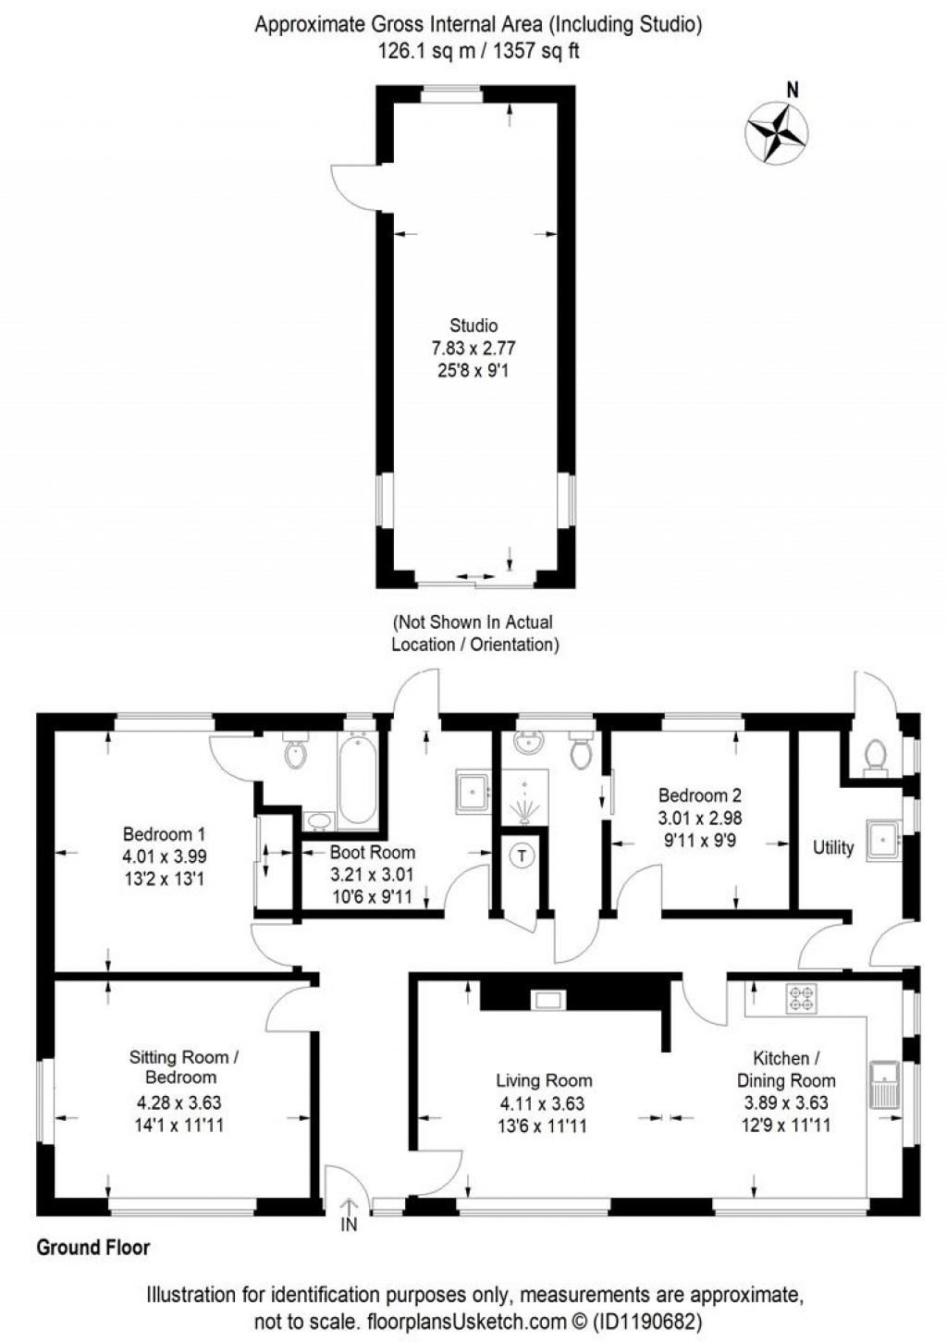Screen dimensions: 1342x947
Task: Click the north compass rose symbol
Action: pyautogui.click(x=778, y=135)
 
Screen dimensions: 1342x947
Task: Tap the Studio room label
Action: pyautogui.click(x=473, y=326)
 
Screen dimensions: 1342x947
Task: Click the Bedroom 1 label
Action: pyautogui.click(x=164, y=834)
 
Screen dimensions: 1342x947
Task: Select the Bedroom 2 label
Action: pyautogui.click(x=699, y=795)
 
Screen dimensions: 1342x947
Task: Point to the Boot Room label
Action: pyautogui.click(x=373, y=853)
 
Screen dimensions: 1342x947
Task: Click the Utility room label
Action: pyautogui.click(x=832, y=847)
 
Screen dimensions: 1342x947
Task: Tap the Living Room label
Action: pyautogui.click(x=544, y=1080)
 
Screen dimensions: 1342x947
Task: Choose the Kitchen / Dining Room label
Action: pyautogui.click(x=785, y=1069)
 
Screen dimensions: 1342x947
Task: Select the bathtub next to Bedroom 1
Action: pyautogui.click(x=357, y=778)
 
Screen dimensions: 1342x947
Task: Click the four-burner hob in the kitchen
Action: pyautogui.click(x=798, y=998)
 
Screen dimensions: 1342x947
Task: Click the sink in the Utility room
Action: pyautogui.click(x=883, y=841)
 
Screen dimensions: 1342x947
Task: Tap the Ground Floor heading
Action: pyautogui.click(x=92, y=1248)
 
